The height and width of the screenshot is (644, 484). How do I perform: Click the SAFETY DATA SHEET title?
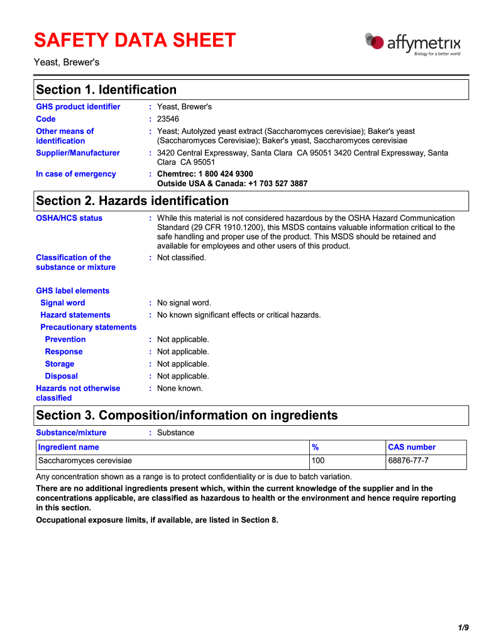[135, 41]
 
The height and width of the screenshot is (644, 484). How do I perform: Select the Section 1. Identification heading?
[106, 90]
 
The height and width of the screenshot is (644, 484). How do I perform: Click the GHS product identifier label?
[78, 107]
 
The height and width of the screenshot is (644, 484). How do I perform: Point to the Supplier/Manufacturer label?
[78, 153]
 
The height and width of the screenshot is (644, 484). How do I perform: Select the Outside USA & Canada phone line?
[232, 184]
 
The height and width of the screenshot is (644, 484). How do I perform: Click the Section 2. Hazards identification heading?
[133, 201]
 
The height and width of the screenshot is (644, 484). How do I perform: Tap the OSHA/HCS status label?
[69, 218]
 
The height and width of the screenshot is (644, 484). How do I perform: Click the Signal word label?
[62, 303]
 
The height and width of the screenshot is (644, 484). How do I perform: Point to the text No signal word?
[184, 303]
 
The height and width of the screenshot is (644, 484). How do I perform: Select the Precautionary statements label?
[88, 328]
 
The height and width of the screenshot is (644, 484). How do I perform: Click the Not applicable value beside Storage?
[183, 364]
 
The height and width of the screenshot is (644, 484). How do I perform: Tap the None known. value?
[180, 389]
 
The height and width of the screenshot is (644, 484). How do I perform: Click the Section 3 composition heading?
[187, 416]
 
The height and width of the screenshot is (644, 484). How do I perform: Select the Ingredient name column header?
[69, 447]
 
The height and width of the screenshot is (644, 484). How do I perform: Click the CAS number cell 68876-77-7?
[408, 461]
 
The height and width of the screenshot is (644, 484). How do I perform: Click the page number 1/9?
[463, 628]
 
